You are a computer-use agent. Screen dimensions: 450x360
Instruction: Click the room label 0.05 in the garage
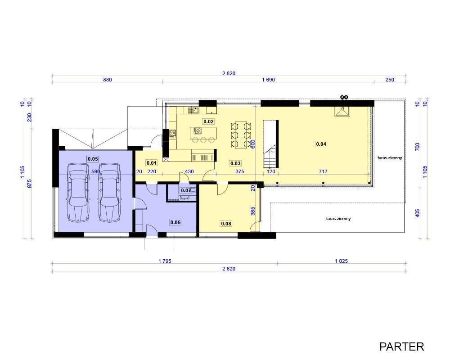93,159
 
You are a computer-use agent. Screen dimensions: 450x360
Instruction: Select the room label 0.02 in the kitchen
209,121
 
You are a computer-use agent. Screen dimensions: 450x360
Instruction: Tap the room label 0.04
321,144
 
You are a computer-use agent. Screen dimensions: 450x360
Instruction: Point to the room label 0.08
226,223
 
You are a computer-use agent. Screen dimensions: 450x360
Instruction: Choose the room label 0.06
175,222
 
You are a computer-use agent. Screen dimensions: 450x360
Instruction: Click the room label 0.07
186,190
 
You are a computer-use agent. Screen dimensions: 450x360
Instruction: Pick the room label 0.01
152,163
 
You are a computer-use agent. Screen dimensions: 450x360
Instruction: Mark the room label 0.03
235,163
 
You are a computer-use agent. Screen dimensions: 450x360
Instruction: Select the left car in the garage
78,192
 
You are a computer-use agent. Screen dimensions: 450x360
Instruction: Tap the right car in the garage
109,192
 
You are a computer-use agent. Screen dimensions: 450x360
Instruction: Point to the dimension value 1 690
268,80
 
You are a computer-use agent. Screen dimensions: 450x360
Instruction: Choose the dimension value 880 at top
108,80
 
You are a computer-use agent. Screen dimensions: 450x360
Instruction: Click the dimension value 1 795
165,261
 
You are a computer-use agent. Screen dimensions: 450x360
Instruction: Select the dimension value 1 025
341,261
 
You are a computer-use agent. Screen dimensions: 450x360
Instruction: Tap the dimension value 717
323,171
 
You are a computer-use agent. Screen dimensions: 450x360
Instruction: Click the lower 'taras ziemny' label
338,218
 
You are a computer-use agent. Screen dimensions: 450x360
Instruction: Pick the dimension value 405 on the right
418,213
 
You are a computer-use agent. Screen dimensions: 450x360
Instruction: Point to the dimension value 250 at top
390,80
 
